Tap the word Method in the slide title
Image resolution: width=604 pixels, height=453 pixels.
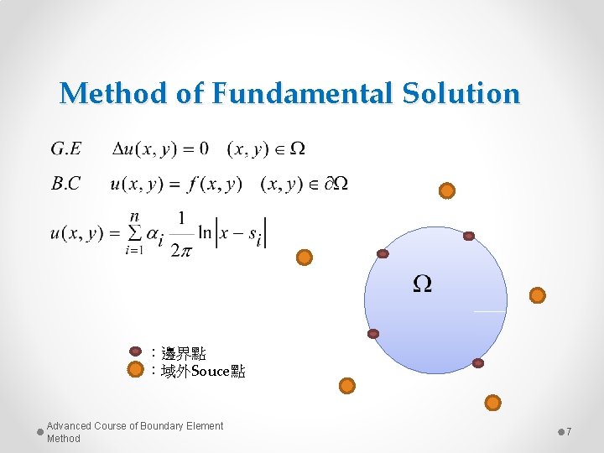pyautogui.click(x=113, y=93)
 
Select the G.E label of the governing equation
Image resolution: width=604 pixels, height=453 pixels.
pyautogui.click(x=66, y=149)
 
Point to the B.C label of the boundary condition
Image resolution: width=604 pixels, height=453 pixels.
pyautogui.click(x=66, y=184)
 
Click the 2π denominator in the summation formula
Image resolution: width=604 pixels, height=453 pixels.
pyautogui.click(x=180, y=250)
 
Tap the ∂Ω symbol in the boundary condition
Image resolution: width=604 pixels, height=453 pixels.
pyautogui.click(x=336, y=184)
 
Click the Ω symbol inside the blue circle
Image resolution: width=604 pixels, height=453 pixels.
pyautogui.click(x=423, y=284)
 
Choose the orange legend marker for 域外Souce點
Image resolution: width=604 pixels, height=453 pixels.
pyautogui.click(x=135, y=370)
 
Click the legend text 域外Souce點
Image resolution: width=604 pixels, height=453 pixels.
pyautogui.click(x=198, y=371)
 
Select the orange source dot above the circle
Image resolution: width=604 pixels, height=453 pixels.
pyautogui.click(x=447, y=190)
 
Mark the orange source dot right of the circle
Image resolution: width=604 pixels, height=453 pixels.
pyautogui.click(x=538, y=294)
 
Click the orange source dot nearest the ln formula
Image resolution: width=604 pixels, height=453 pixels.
pyautogui.click(x=305, y=257)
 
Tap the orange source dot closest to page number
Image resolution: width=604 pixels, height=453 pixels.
pyautogui.click(x=493, y=403)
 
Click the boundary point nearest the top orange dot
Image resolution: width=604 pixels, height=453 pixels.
pyautogui.click(x=469, y=236)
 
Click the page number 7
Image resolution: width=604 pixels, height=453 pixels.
pyautogui.click(x=569, y=431)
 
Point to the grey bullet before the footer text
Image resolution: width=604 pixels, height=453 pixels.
pyautogui.click(x=39, y=432)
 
